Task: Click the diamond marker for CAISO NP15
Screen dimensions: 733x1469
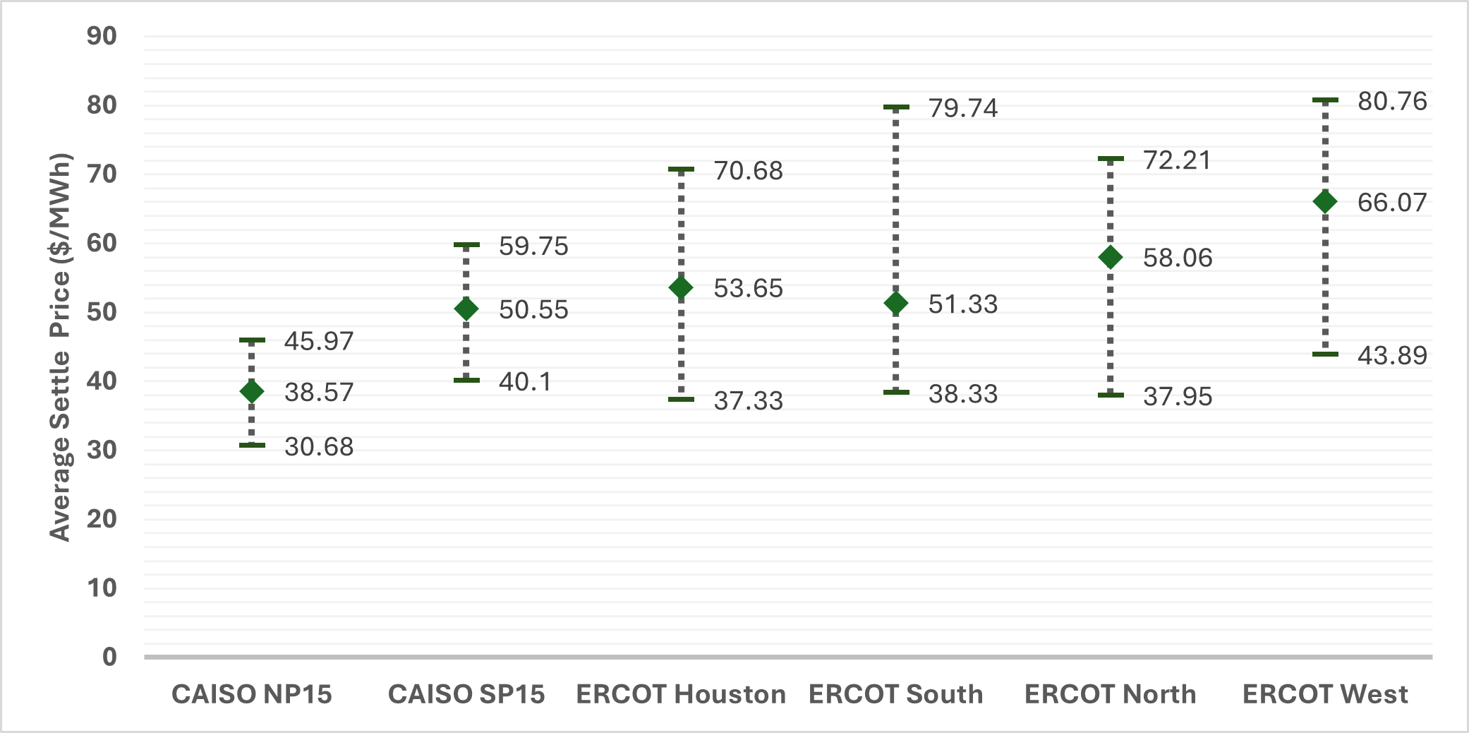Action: (x=252, y=391)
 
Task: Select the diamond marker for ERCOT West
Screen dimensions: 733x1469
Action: (x=1324, y=202)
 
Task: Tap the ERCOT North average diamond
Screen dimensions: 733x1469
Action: (x=1110, y=257)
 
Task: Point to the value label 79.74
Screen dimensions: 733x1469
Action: (x=962, y=108)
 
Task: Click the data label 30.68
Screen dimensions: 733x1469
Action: (x=319, y=446)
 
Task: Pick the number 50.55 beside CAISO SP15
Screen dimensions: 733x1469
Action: (x=533, y=309)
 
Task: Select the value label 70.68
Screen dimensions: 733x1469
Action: (x=748, y=171)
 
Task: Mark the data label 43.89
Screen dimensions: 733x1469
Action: (x=1391, y=355)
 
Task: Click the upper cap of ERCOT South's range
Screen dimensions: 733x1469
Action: (x=896, y=107)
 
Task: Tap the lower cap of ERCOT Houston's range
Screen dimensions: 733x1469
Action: (x=681, y=400)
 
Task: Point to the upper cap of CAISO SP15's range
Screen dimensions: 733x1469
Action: (x=466, y=245)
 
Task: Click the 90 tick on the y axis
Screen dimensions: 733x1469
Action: (x=102, y=36)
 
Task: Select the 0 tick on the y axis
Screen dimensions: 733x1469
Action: (x=109, y=657)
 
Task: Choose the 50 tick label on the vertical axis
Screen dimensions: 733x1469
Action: (x=102, y=311)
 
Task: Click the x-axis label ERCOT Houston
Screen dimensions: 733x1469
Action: (x=681, y=694)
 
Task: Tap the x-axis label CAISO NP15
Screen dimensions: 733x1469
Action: (x=252, y=694)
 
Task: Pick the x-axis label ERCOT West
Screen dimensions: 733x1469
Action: (x=1324, y=694)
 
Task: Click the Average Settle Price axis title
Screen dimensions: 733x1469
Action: (x=61, y=347)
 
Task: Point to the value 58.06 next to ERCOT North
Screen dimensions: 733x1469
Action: (x=1177, y=258)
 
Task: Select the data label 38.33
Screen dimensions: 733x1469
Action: (x=962, y=394)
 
